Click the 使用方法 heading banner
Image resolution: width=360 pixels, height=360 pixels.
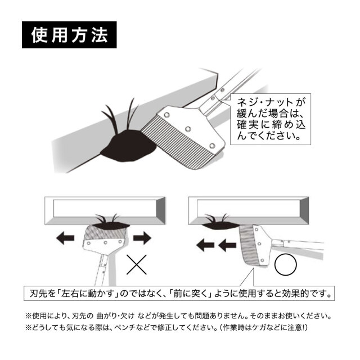(69, 35)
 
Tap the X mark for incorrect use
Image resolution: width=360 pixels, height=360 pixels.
(137, 265)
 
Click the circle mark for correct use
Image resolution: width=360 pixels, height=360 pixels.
(286, 264)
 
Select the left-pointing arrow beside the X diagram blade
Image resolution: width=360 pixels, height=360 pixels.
(65, 238)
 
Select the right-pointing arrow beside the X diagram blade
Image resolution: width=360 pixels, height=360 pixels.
(142, 238)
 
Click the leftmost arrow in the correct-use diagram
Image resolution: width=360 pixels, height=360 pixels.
(205, 245)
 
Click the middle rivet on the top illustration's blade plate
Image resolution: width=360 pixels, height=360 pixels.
(188, 129)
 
